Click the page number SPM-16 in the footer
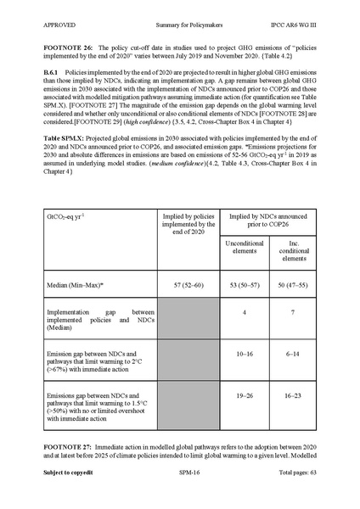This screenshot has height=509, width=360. pyautogui.click(x=179, y=494)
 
